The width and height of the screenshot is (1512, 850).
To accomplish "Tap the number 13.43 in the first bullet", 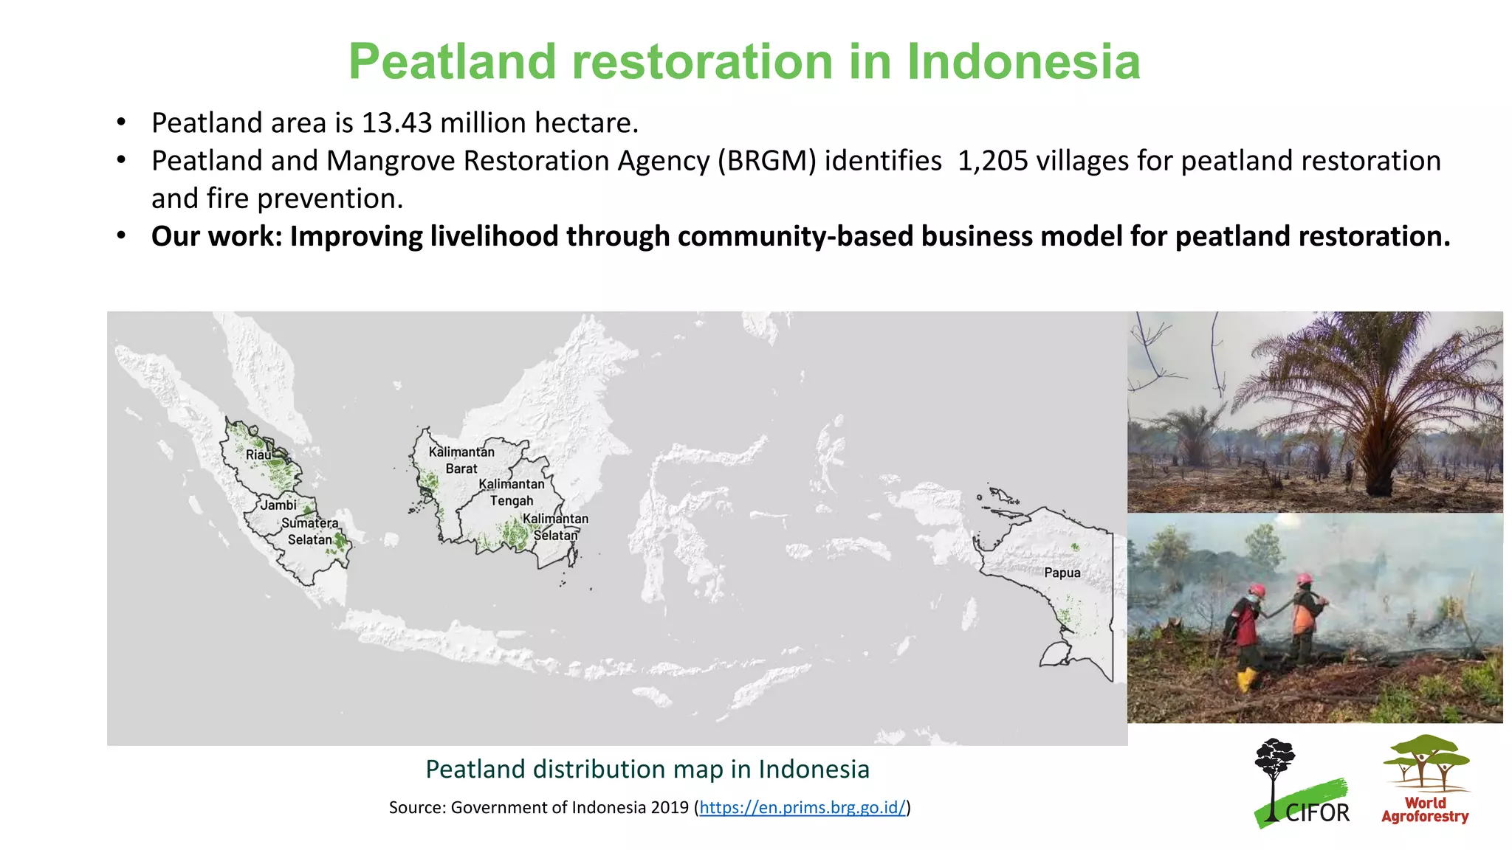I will [x=396, y=123].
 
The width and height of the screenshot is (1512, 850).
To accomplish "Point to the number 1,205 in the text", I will [x=992, y=161].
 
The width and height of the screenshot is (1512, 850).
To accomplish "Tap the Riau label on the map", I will [x=258, y=455].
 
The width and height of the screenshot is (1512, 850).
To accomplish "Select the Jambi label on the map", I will [x=278, y=505].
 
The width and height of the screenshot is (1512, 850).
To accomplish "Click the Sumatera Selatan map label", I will [x=310, y=531].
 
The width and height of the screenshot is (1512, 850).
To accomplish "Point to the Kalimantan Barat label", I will [x=461, y=460].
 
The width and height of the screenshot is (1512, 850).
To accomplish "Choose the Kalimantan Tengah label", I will [x=512, y=492].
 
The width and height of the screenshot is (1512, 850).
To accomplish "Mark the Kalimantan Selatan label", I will [x=555, y=527].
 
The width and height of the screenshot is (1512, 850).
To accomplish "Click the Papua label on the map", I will [x=1062, y=573].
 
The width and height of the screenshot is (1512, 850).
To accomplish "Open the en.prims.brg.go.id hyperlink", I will [x=802, y=807].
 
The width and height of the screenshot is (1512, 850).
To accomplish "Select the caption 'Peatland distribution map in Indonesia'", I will [x=647, y=770].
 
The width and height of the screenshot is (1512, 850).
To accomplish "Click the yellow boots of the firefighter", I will [x=1246, y=679].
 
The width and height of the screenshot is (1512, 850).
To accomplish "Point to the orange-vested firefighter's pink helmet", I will [x=1305, y=579].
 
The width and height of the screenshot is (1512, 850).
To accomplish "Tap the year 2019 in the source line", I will [x=670, y=807].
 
